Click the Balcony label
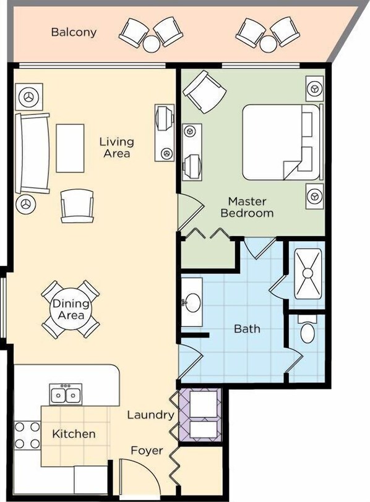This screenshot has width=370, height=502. pyautogui.click(x=74, y=32)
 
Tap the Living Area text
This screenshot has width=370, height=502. pyautogui.click(x=116, y=148)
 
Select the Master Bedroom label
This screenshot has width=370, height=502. pyautogui.click(x=247, y=208)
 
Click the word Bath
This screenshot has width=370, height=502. pyautogui.click(x=247, y=329)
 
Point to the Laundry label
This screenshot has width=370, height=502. pyautogui.click(x=150, y=415)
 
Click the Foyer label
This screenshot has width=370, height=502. pyautogui.click(x=147, y=451)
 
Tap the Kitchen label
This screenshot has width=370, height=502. pyautogui.click(x=74, y=434)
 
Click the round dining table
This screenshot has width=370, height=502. pyautogui.click(x=71, y=309)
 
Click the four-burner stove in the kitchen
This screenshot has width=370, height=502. pyautogui.click(x=27, y=435)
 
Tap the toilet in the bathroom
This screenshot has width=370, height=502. pyautogui.click(x=308, y=330)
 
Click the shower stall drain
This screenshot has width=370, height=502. pyautogui.click(x=308, y=273)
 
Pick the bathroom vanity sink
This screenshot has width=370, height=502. pyautogui.click(x=192, y=302)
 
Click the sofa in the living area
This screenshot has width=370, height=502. pyautogui.click(x=32, y=153)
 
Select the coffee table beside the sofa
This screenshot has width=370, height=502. pyautogui.click(x=70, y=148)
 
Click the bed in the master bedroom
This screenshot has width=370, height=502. pyautogui.click(x=282, y=142)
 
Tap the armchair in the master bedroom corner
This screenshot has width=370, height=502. pyautogui.click(x=205, y=91)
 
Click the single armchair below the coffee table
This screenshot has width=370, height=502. pyautogui.click(x=77, y=206)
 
